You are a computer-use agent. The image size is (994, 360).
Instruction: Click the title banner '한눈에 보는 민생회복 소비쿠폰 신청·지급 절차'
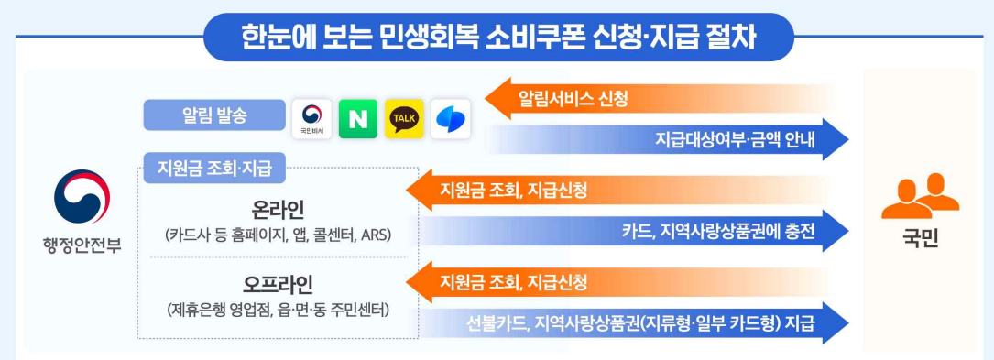(x=498, y=37)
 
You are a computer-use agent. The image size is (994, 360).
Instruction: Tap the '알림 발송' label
(x=215, y=115)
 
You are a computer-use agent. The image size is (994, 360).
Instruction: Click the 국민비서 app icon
(x=312, y=119)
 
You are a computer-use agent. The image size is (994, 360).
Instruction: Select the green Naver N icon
(x=358, y=119)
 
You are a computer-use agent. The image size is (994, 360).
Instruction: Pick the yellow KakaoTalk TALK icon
(x=404, y=119)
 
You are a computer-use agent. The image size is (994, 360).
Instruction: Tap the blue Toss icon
(x=450, y=119)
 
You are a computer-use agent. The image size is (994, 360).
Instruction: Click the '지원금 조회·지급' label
(x=214, y=169)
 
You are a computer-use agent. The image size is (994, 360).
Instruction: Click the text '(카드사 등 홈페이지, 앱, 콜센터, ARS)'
(x=279, y=235)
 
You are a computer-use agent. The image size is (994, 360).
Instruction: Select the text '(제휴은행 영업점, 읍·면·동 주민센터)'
(x=279, y=311)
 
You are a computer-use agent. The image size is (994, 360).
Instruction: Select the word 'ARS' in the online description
(x=376, y=235)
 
